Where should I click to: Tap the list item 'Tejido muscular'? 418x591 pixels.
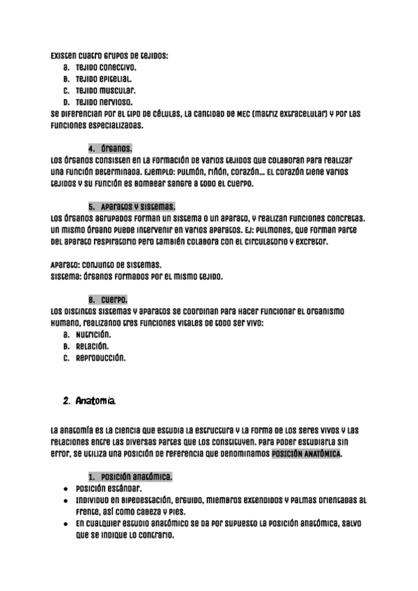(105, 91)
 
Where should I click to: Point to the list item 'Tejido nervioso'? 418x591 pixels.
(104, 102)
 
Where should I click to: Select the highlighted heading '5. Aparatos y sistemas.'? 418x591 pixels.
(132, 207)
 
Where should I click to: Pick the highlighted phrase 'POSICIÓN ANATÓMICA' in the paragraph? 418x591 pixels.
(307, 454)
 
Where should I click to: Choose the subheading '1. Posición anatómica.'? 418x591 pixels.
(132, 477)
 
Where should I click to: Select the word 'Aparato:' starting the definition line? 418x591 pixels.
(67, 265)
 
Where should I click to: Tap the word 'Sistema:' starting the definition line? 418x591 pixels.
(67, 277)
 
